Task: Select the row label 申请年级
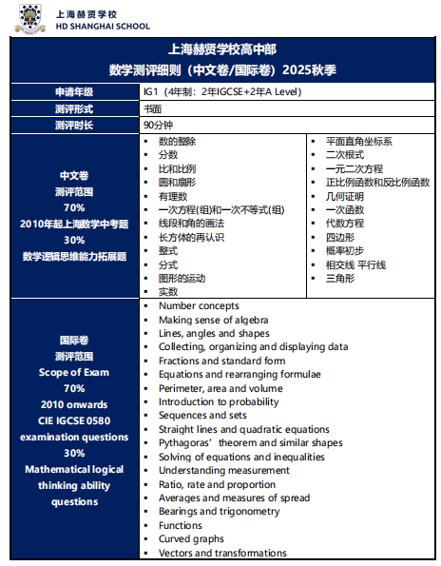point(74,92)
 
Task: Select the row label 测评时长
point(74,125)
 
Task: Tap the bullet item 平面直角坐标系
point(358,141)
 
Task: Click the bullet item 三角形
point(340,278)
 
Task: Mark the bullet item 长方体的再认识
point(191,236)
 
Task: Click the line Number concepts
point(199,305)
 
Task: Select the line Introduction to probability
point(219,401)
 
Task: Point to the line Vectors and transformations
point(222,553)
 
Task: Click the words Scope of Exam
point(74,372)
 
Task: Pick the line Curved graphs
point(193,539)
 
